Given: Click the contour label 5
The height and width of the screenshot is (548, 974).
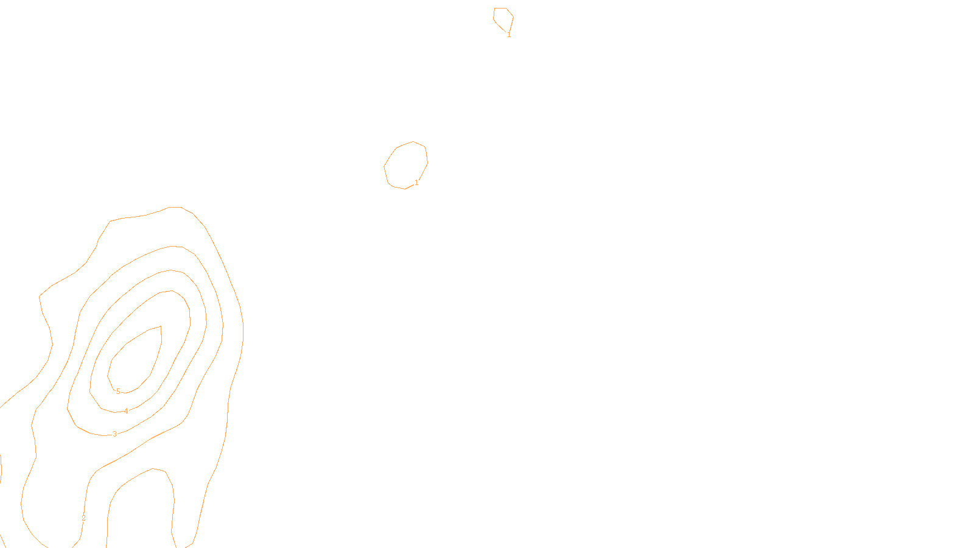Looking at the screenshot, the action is click(x=118, y=392).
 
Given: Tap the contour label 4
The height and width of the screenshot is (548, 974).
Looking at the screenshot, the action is click(x=126, y=411).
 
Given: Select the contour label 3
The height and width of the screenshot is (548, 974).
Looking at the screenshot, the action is click(x=114, y=434).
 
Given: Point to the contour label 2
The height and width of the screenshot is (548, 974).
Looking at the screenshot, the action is click(x=83, y=518).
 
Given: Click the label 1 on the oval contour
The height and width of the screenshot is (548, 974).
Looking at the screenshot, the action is click(x=416, y=183).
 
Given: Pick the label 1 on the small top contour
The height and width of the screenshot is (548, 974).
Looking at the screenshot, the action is click(x=509, y=35).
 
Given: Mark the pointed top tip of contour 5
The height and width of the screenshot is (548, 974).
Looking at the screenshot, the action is click(x=161, y=326).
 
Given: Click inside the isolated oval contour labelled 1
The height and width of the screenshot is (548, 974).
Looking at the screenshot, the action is click(x=406, y=165).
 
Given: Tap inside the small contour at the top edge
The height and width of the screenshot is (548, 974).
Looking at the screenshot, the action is click(x=503, y=17).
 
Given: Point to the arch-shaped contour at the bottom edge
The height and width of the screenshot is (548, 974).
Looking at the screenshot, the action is click(x=152, y=469).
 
